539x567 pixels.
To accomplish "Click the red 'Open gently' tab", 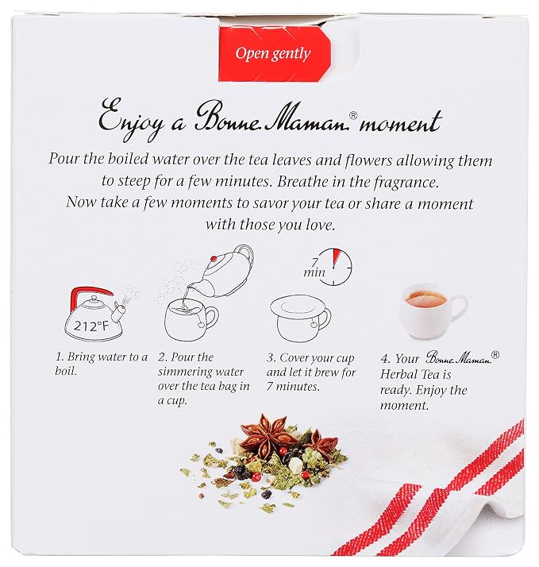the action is pyautogui.click(x=275, y=54).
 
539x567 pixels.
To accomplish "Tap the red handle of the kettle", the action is pyautogui.click(x=90, y=292).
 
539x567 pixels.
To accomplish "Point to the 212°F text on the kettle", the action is pyautogui.click(x=91, y=326).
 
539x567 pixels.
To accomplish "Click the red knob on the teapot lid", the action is pyautogui.click(x=214, y=259).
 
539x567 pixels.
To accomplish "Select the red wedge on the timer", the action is pyautogui.click(x=337, y=256).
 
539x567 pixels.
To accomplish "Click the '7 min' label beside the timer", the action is pyautogui.click(x=314, y=268).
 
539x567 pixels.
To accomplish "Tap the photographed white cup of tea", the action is pyautogui.click(x=429, y=310).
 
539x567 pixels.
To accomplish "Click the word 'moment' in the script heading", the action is pyautogui.click(x=400, y=121).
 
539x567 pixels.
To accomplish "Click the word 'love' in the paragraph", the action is pyautogui.click(x=319, y=225).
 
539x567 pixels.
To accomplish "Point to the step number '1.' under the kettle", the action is pyautogui.click(x=60, y=357).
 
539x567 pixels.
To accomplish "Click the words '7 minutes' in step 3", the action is pyautogui.click(x=293, y=387).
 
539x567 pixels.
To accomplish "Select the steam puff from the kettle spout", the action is pyautogui.click(x=129, y=294).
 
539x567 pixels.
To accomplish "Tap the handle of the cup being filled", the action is pyautogui.click(x=210, y=320).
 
